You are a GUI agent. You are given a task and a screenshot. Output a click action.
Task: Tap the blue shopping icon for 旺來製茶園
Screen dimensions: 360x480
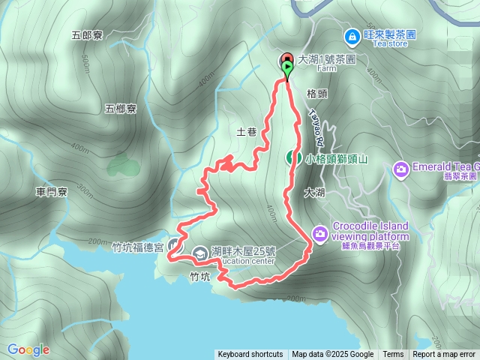pos(351,35)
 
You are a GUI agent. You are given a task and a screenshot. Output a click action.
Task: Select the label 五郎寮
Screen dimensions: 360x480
pos(86,34)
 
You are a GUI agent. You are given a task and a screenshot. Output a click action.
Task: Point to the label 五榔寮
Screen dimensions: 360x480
pos(121,109)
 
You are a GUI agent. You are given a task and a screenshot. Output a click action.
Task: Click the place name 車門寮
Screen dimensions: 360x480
pos(52,193)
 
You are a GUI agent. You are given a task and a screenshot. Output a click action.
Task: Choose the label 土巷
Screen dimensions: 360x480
pos(247,132)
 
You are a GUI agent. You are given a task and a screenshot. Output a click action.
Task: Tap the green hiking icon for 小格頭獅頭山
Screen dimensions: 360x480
pos(291,157)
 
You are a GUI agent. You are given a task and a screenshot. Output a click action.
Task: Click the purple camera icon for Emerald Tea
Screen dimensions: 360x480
pos(401,169)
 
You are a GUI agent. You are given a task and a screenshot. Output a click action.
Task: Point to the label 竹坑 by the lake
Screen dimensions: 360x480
pos(200,277)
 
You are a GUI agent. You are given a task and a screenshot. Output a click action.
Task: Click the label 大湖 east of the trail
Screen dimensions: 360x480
pos(315,193)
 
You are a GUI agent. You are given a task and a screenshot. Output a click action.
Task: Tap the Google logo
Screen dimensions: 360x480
pos(28,349)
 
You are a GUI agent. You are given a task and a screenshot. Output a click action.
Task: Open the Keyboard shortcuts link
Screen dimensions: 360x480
pos(250,355)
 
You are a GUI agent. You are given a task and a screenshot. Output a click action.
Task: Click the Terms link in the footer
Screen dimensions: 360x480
pos(393,355)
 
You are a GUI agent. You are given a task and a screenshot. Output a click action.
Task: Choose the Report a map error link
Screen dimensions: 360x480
pos(445,355)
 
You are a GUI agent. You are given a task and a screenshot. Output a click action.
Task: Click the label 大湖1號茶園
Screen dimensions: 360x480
pos(326,58)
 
